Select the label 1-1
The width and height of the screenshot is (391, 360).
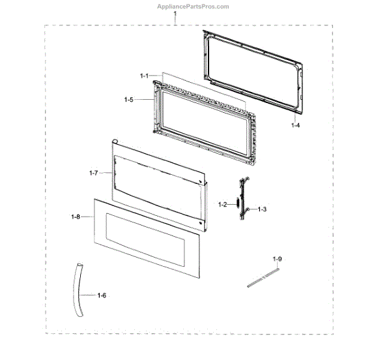[144, 76]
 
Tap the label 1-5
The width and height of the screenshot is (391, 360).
[128, 99]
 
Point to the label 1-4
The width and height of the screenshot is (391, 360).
[295, 125]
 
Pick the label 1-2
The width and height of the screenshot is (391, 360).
[222, 205]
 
